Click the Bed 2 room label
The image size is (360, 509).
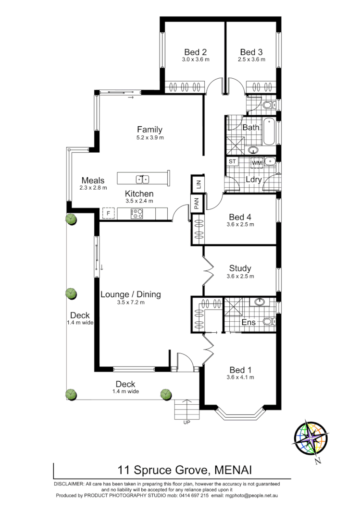click(x=196, y=52)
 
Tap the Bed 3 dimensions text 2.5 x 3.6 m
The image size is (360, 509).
click(x=251, y=60)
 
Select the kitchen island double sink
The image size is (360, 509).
click(x=142, y=179)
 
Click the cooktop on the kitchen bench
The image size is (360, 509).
click(x=137, y=213)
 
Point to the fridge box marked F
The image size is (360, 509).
click(x=108, y=213)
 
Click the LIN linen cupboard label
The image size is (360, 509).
click(x=197, y=183)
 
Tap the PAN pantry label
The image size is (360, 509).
click(x=197, y=204)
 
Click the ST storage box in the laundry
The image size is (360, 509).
click(x=232, y=161)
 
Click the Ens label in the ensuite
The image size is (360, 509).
click(x=248, y=322)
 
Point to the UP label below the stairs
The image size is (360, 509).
click(x=186, y=423)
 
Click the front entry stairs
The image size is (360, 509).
click(x=186, y=409)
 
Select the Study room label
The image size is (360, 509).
click(x=240, y=268)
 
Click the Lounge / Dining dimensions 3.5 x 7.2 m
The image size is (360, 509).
click(x=130, y=303)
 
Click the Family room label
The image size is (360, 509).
click(x=149, y=130)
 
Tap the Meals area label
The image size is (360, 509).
click(x=93, y=181)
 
